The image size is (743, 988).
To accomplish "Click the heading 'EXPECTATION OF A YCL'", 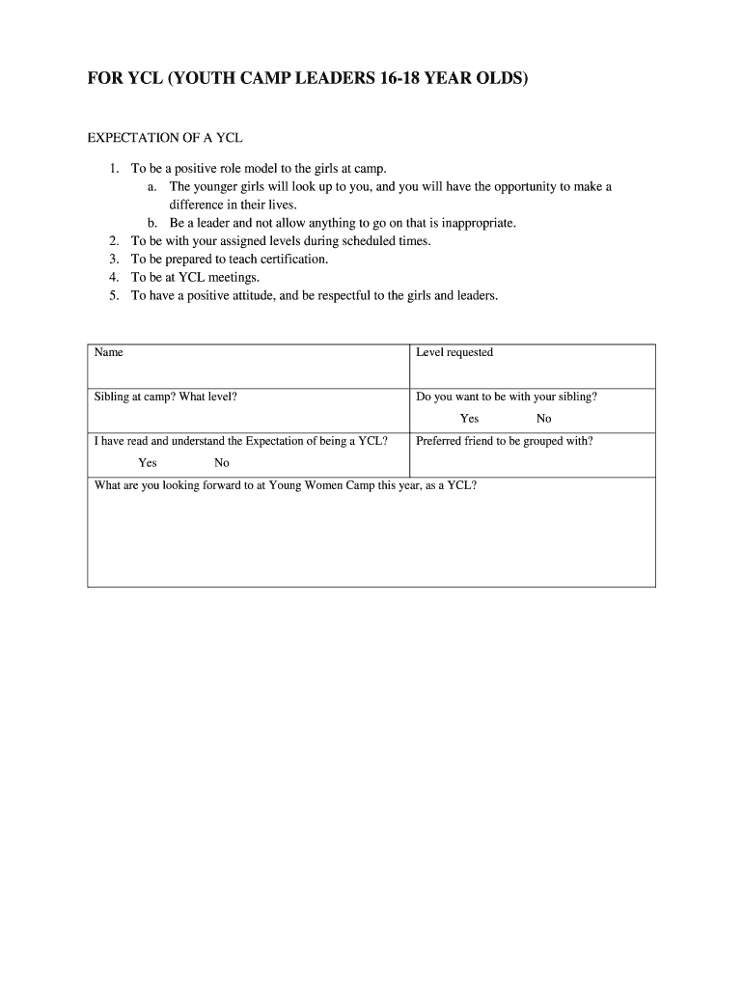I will point(165,138).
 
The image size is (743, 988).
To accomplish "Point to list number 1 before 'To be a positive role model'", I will point(114,169).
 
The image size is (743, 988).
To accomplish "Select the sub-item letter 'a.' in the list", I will point(153,186).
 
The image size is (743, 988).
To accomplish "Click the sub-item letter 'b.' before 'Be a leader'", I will point(153,223).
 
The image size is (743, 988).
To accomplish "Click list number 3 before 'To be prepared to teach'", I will point(114,260).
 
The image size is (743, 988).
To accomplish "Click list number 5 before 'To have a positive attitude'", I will point(114,296).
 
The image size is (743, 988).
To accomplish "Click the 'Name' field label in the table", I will point(109,353).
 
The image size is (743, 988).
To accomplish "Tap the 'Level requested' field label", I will point(454,353).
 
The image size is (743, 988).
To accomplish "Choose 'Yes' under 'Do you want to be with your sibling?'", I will point(470,419).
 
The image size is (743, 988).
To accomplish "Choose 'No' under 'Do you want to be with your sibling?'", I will point(544,419).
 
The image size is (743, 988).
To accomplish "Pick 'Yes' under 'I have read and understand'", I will point(148,463).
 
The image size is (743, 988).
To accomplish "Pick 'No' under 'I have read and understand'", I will point(222,463).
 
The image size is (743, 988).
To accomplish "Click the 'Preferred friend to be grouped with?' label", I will point(505,442).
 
